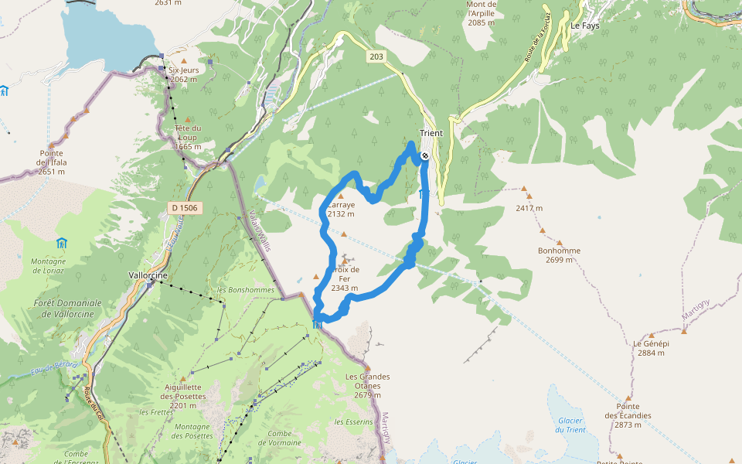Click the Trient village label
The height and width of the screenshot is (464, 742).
pyautogui.click(x=431, y=133)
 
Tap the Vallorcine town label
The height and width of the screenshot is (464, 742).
pyautogui.click(x=147, y=275)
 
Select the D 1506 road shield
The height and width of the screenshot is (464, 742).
pyautogui.click(x=184, y=207)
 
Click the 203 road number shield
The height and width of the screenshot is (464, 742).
pyautogui.click(x=376, y=56)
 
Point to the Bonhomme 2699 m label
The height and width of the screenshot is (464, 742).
pyautogui.click(x=559, y=255)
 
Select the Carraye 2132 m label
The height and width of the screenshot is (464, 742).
pyautogui.click(x=340, y=210)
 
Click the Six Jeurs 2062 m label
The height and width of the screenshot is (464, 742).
pyautogui.click(x=183, y=74)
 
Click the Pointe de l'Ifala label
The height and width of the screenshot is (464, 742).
pyautogui.click(x=51, y=157)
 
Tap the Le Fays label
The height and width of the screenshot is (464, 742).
pyautogui.click(x=585, y=26)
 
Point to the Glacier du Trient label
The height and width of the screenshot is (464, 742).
pyautogui.click(x=570, y=425)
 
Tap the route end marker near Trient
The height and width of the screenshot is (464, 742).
pyautogui.click(x=425, y=155)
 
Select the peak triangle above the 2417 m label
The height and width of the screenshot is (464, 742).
pyautogui.click(x=525, y=189)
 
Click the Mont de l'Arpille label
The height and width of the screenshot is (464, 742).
pyautogui.click(x=482, y=13)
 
